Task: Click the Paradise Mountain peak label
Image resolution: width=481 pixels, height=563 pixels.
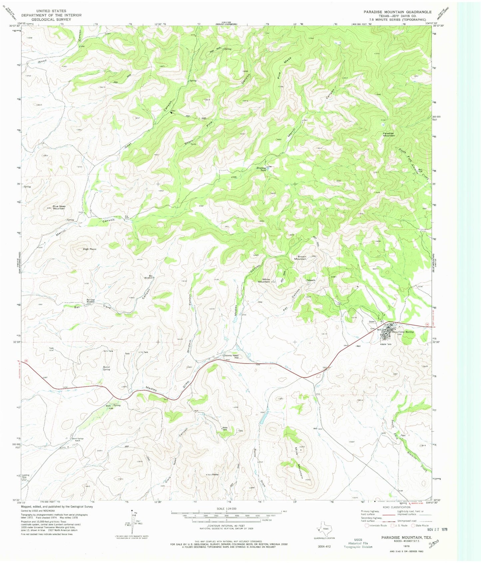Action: point(388,135)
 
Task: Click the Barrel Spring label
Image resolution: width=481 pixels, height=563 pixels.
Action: point(106,368)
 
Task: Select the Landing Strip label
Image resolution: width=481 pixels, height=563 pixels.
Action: point(26,476)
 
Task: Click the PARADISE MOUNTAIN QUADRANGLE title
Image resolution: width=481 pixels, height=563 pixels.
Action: point(397,12)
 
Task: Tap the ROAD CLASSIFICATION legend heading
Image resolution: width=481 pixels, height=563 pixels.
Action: point(396,507)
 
